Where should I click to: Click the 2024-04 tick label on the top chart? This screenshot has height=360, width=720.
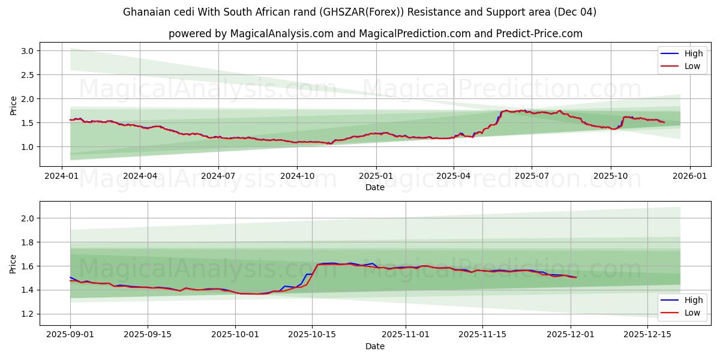point(140,176)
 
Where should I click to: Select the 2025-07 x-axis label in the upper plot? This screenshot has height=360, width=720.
point(532,176)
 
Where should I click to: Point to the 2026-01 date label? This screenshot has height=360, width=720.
point(689,176)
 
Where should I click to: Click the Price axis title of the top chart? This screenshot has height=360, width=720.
point(14,105)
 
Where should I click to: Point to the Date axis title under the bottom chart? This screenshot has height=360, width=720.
point(375,346)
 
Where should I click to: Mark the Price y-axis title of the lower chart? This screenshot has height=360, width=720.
point(14,263)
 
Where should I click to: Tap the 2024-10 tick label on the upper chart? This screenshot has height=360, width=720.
point(297,176)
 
